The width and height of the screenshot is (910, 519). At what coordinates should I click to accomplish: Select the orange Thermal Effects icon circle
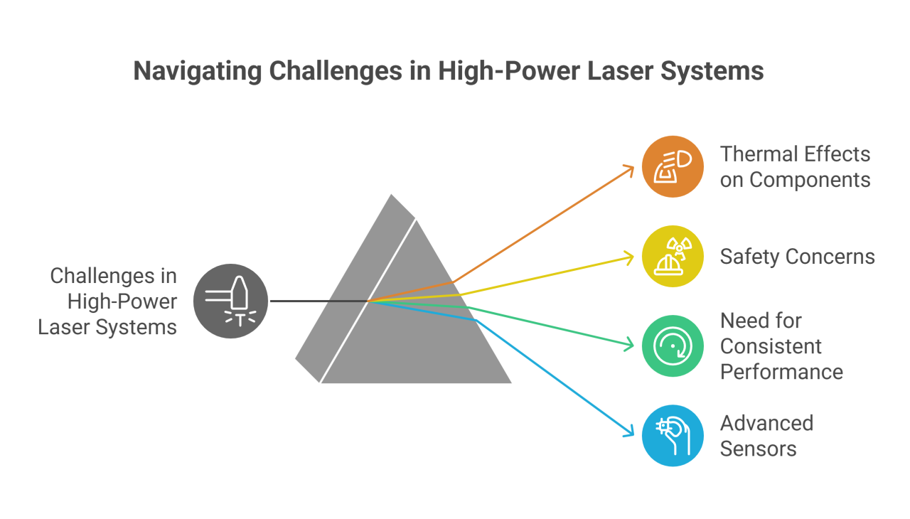(673, 167)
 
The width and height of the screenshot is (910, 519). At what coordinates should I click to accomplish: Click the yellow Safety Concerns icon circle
(673, 257)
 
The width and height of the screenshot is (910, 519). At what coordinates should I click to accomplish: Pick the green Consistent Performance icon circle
(673, 346)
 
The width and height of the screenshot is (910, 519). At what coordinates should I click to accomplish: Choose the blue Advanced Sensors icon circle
(673, 435)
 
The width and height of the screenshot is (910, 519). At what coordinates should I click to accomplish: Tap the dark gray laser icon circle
(231, 301)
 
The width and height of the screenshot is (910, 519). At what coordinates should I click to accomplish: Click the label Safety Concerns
(797, 257)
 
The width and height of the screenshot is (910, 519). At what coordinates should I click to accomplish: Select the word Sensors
(758, 449)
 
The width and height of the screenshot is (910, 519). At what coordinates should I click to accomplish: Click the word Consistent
(771, 346)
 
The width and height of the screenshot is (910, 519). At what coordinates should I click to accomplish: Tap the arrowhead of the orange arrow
(630, 168)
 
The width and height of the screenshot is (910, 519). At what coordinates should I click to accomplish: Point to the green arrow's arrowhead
(630, 346)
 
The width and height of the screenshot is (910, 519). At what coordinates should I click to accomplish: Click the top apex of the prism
(391, 193)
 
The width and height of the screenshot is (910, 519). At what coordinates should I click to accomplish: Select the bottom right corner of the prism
(512, 383)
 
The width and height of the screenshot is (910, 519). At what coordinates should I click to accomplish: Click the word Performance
(781, 372)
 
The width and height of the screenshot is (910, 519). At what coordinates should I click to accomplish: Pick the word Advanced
(766, 423)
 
